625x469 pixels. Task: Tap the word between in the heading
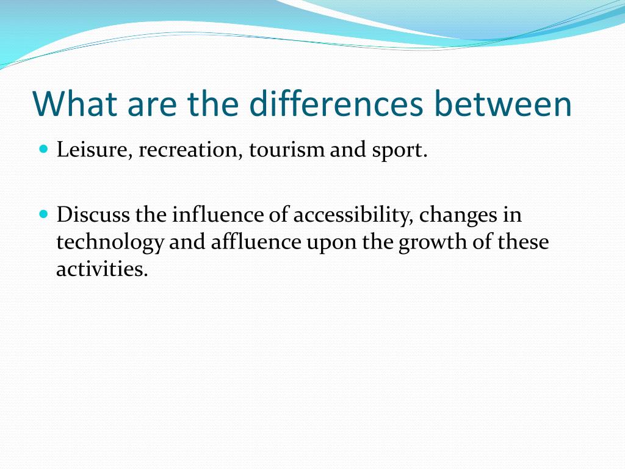click(x=503, y=104)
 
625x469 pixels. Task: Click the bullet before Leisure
click(x=43, y=149)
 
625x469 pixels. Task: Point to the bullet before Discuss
click(x=43, y=214)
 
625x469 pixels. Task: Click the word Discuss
click(x=93, y=215)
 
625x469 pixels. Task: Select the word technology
click(x=110, y=243)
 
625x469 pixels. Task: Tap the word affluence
click(x=256, y=242)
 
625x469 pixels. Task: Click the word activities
click(x=102, y=269)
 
